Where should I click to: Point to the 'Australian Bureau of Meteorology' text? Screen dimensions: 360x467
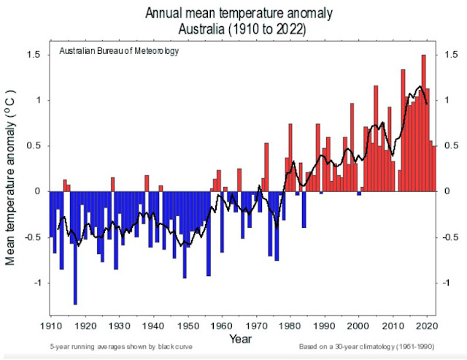(119, 53)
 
